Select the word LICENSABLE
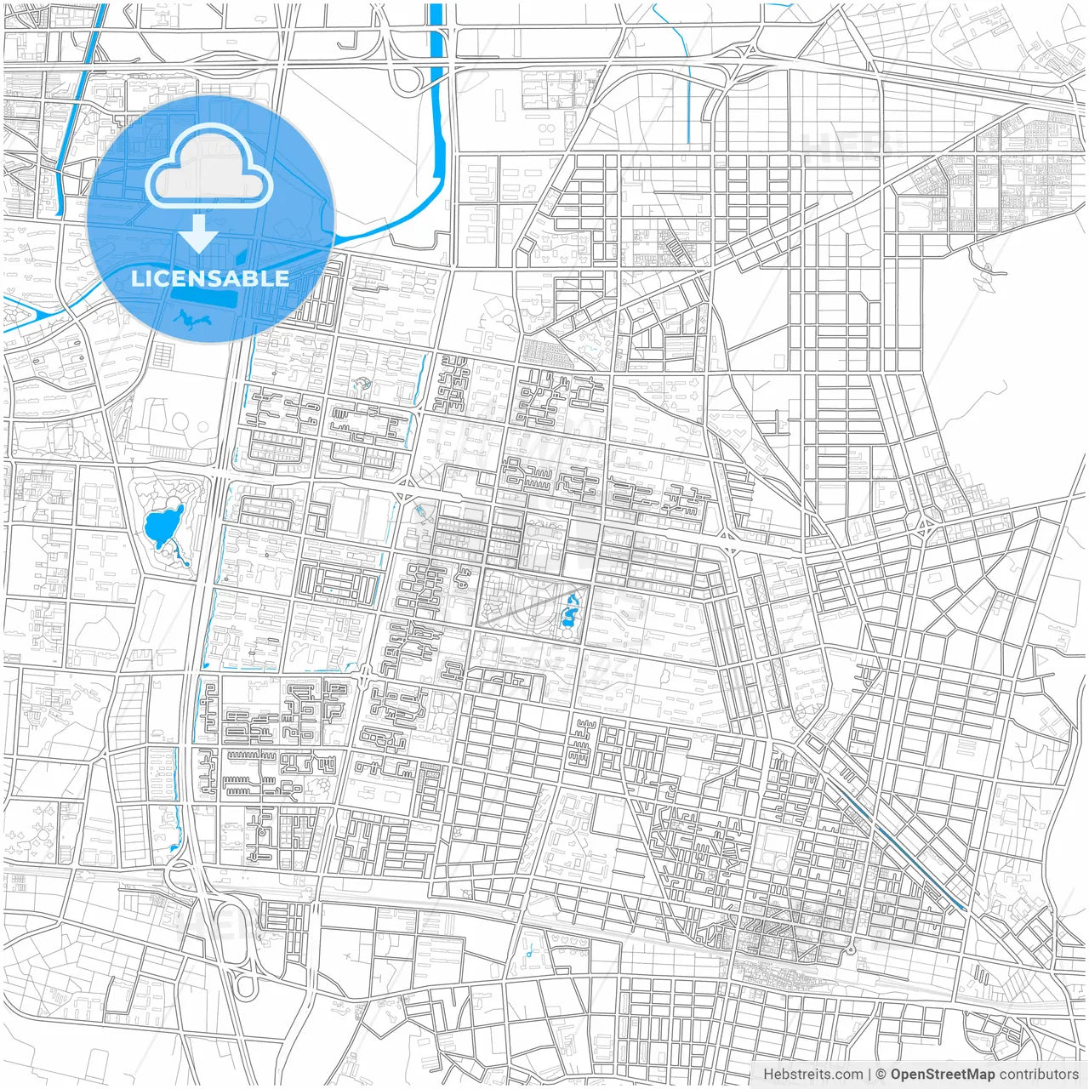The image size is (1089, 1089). [x=209, y=278]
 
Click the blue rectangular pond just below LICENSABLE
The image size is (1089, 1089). [x=204, y=300]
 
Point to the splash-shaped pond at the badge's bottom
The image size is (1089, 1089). [x=193, y=319]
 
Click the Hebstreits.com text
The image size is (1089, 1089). [x=812, y=1075]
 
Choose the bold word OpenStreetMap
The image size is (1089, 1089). [x=942, y=1075]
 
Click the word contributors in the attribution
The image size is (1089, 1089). [x=1038, y=1075]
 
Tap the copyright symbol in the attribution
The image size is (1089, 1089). [x=881, y=1075]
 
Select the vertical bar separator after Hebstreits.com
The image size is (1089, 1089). [x=869, y=1075]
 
